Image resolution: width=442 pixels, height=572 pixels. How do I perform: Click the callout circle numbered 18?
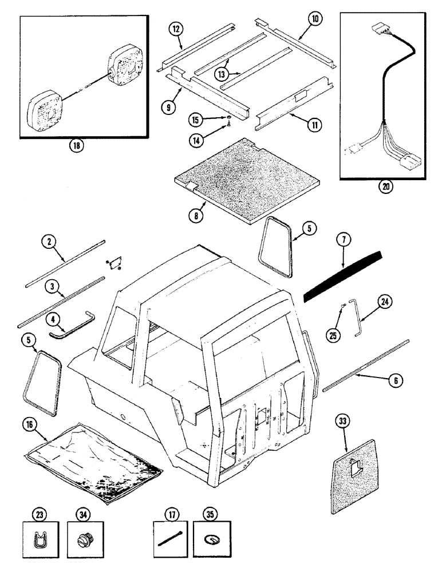coord(76,145)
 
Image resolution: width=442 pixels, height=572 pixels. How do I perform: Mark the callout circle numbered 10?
coord(314,19)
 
